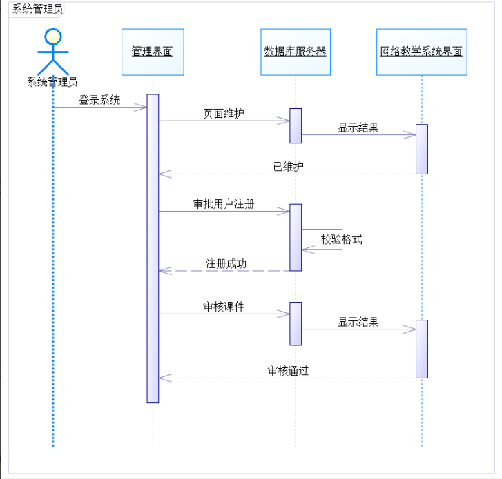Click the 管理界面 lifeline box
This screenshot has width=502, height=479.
153,52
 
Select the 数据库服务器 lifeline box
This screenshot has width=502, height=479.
296,52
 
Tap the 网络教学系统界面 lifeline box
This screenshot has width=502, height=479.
421,52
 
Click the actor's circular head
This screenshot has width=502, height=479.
53,37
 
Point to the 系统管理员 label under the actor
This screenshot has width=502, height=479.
52,83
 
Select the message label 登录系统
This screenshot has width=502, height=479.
99,100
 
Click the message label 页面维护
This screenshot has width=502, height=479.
223,114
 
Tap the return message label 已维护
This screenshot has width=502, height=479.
288,166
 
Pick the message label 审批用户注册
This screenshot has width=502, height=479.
223,204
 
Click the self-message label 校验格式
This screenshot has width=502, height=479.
341,239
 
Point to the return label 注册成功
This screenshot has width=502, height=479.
226,263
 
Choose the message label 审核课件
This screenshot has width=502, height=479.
223,307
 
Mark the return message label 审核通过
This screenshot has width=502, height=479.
288,371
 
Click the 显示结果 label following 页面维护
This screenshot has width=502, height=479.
358,128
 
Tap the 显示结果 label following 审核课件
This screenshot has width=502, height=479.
358,322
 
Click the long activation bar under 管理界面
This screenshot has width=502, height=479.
153,248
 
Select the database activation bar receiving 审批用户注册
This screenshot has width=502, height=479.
296,237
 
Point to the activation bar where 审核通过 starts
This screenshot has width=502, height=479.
422,349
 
